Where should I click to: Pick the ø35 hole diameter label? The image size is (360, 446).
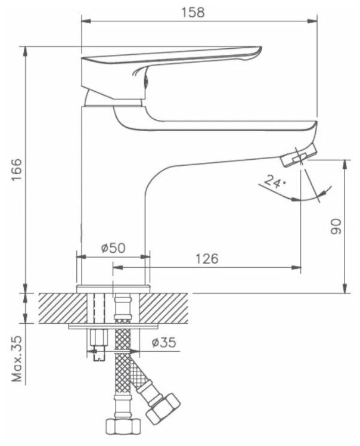pos(163,343)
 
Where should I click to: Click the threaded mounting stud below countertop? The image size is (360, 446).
pos(98,343)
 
